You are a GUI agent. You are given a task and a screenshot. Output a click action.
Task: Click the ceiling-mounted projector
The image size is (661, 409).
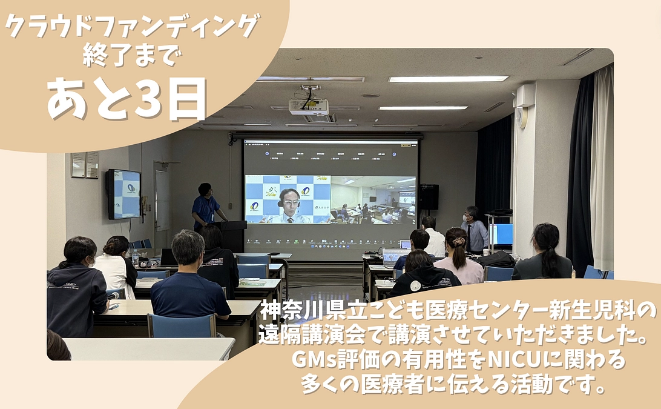[x=309, y=107]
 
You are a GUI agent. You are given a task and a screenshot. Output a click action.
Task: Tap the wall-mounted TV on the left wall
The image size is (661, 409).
[x=123, y=194]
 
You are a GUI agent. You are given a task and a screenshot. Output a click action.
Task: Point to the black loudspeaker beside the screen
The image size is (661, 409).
[x=429, y=197]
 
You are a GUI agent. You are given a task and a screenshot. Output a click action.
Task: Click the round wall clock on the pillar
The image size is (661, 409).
[x=521, y=116]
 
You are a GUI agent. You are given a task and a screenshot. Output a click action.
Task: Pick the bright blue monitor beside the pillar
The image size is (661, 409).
[x=502, y=234]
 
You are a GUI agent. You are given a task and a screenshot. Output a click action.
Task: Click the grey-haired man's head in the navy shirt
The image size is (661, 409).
[x=188, y=247]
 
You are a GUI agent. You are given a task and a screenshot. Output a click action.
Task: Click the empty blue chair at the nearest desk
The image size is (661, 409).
[x=182, y=325]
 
